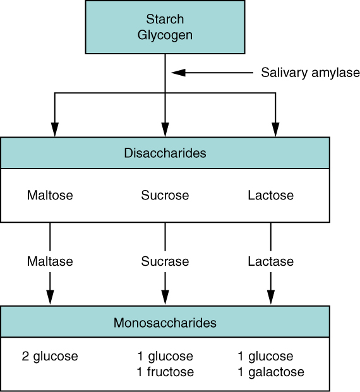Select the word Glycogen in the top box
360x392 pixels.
pyautogui.click(x=165, y=34)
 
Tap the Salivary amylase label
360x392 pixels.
pyautogui.click(x=310, y=73)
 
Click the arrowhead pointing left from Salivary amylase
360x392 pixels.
pyautogui.click(x=179, y=73)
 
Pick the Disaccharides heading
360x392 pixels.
pyautogui.click(x=165, y=153)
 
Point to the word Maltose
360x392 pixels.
pyautogui.click(x=50, y=195)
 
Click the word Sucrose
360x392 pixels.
pyautogui.click(x=165, y=195)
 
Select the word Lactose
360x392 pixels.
pyautogui.click(x=271, y=195)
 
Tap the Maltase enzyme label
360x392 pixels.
pyautogui.click(x=50, y=261)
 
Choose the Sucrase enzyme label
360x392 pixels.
pyautogui.click(x=165, y=261)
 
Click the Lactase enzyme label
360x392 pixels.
pyautogui.click(x=271, y=261)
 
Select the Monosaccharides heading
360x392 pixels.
pyautogui.click(x=165, y=323)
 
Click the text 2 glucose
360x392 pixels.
pyautogui.click(x=50, y=357)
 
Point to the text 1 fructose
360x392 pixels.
pyautogui.click(x=165, y=372)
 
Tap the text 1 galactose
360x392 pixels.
pyautogui.click(x=271, y=372)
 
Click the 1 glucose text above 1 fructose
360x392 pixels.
pyautogui.click(x=165, y=357)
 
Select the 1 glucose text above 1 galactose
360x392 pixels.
pyautogui.click(x=266, y=357)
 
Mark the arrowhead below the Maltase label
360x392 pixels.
pyautogui.click(x=50, y=297)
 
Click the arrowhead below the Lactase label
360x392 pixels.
pyautogui.click(x=271, y=297)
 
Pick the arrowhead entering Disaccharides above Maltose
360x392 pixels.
pyautogui.click(x=55, y=128)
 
